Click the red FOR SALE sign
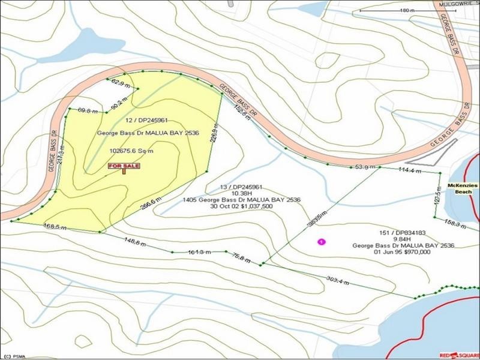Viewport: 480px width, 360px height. (124, 166)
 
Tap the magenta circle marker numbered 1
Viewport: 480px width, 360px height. (322, 242)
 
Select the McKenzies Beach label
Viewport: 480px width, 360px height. (465, 190)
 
